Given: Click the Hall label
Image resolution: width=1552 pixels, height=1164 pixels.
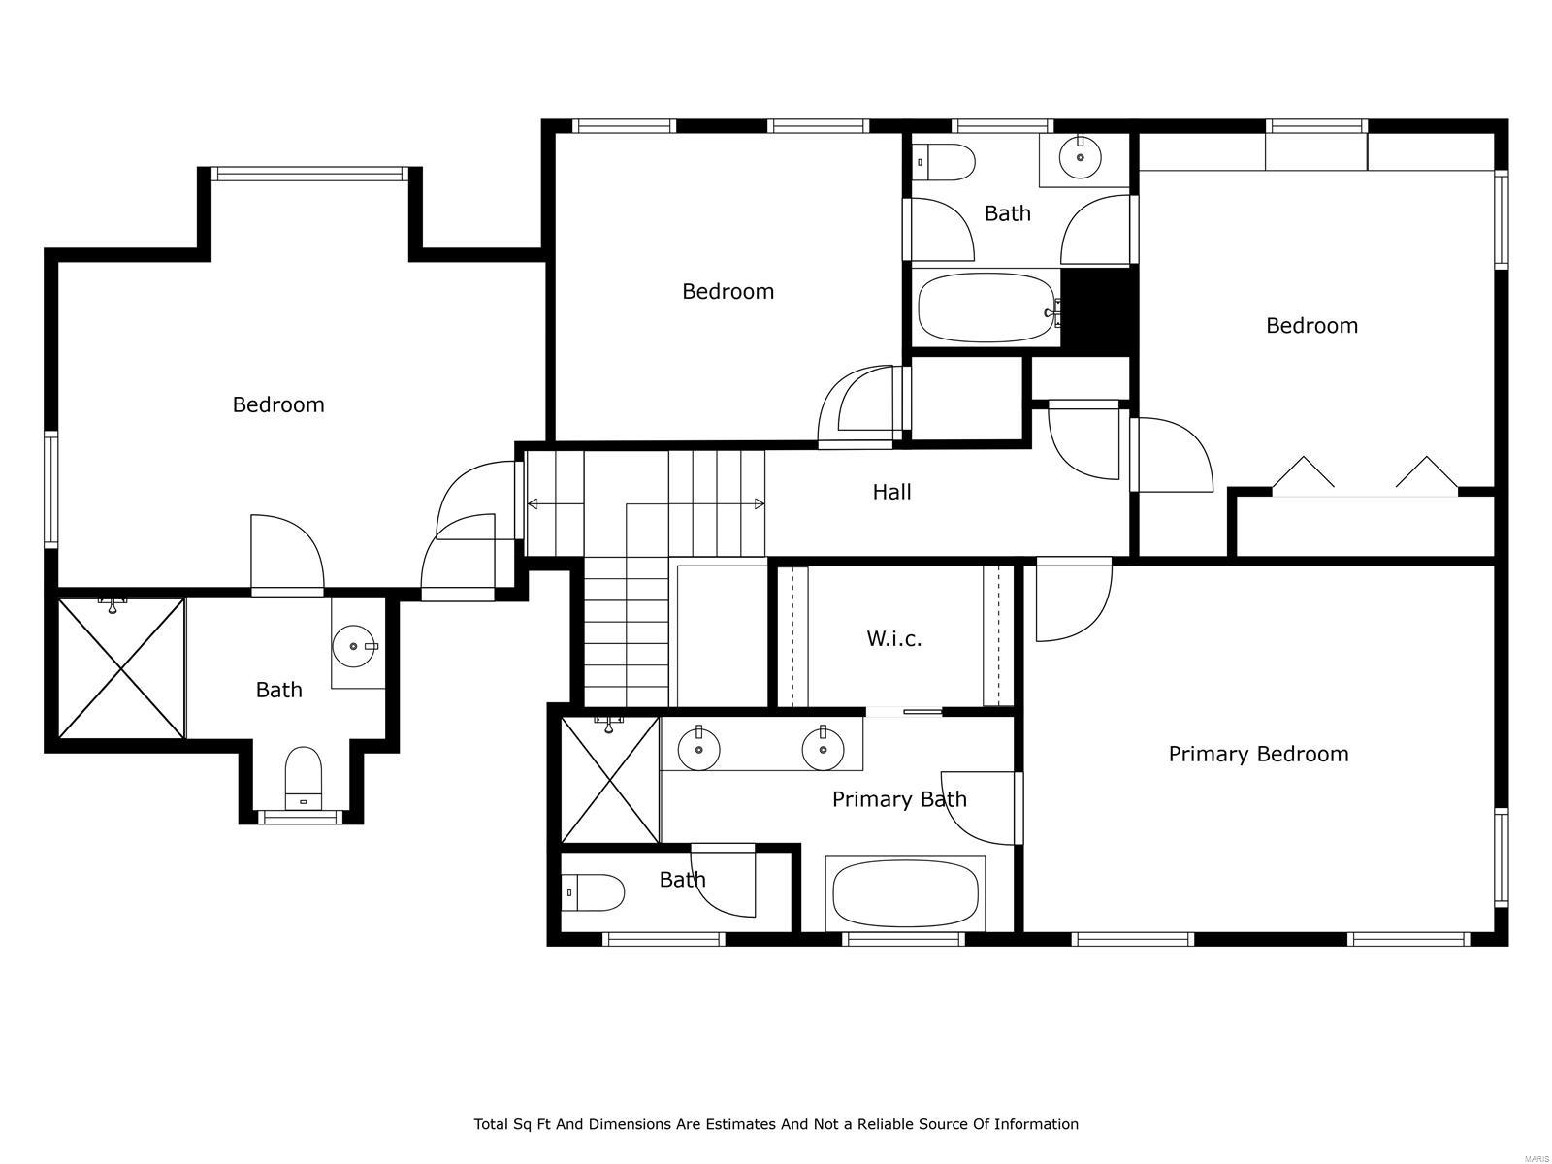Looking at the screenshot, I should (x=891, y=492).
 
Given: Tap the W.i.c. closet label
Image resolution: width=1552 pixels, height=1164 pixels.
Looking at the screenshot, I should (x=893, y=638).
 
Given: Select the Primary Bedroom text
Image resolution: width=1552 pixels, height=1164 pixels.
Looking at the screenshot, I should (x=1258, y=754).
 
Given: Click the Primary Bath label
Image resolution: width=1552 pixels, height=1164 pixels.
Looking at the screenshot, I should (x=899, y=799).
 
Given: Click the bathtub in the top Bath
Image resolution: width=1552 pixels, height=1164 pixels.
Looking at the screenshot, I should (x=986, y=307).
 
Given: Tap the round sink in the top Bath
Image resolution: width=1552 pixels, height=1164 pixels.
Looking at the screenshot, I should (x=1080, y=157).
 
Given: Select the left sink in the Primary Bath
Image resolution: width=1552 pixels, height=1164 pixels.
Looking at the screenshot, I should (x=698, y=748).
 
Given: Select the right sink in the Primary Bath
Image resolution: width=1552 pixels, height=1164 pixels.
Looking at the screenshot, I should (x=822, y=748).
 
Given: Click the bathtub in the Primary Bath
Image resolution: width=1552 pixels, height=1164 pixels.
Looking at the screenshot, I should (x=905, y=894).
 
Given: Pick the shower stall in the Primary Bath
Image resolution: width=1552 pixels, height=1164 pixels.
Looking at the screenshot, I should (x=610, y=780).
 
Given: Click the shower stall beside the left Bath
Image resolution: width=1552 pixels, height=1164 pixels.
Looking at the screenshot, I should (x=121, y=668).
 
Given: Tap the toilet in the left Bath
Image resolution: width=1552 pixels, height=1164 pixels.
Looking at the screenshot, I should (x=303, y=776).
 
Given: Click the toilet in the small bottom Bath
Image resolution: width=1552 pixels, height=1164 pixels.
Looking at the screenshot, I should (x=593, y=892).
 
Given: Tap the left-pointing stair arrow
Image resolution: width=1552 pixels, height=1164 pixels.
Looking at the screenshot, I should (x=534, y=503).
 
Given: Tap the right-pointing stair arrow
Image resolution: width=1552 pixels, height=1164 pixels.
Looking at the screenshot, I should (x=758, y=503).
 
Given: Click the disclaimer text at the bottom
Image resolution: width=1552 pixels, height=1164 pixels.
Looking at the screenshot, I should (x=776, y=1124).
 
